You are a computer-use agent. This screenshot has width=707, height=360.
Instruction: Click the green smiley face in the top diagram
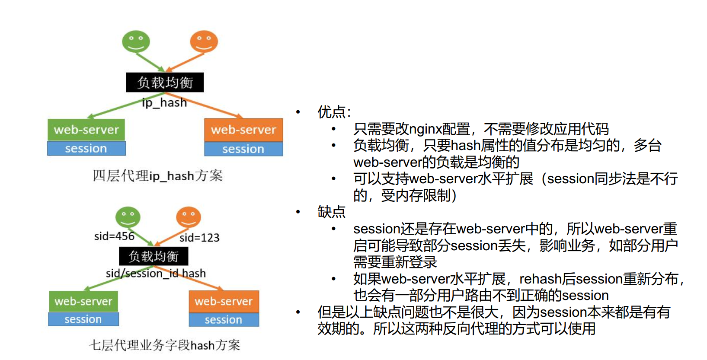click(136, 41)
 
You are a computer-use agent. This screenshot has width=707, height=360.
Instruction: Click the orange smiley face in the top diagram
click(204, 41)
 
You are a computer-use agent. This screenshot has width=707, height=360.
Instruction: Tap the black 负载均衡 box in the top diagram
click(165, 82)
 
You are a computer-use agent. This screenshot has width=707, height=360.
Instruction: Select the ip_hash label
click(164, 103)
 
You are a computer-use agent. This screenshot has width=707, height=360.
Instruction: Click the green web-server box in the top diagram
click(86, 130)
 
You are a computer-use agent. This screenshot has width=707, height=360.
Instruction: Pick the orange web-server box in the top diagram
click(243, 130)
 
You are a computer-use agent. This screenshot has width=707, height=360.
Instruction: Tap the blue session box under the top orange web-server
click(243, 149)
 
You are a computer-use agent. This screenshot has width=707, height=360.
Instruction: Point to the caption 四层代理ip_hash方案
click(157, 176)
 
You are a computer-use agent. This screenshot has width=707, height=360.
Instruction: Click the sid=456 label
click(114, 236)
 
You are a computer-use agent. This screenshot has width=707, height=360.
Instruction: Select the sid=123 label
click(199, 238)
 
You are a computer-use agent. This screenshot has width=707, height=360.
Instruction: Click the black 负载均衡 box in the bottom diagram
click(154, 256)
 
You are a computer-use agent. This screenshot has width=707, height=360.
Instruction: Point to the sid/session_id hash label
click(156, 274)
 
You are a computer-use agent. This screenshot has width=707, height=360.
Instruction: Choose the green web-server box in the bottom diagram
click(83, 301)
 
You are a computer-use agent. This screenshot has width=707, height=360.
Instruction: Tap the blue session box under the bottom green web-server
click(83, 319)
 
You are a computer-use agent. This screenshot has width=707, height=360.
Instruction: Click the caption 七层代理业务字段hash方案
click(164, 345)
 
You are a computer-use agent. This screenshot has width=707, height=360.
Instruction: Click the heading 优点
click(332, 112)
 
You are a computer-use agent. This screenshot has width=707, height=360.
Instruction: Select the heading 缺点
click(332, 212)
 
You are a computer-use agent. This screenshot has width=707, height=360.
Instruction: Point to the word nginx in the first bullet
click(425, 129)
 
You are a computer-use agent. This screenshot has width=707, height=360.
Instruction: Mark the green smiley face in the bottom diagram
click(128, 217)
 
